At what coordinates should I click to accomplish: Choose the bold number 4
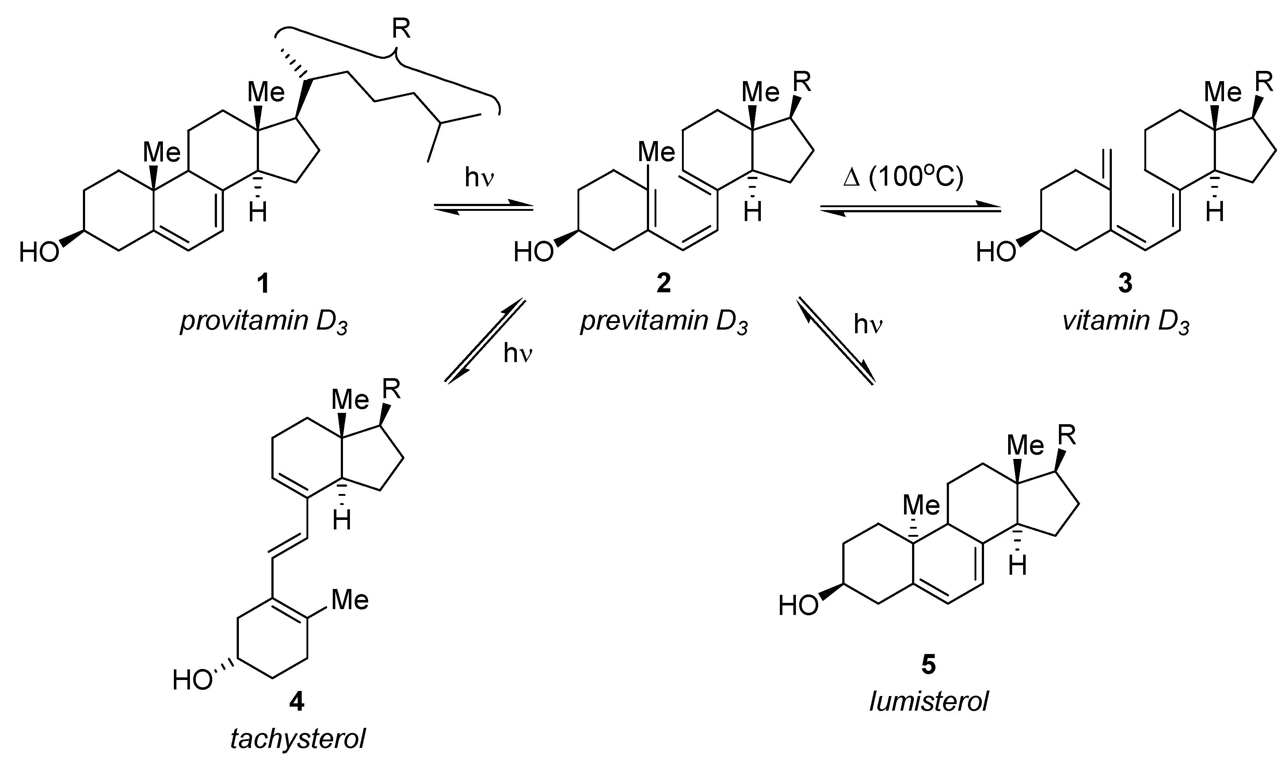coord(297,702)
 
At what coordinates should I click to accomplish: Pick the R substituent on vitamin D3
coord(1264,81)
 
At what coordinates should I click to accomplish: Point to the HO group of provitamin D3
coord(39,253)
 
